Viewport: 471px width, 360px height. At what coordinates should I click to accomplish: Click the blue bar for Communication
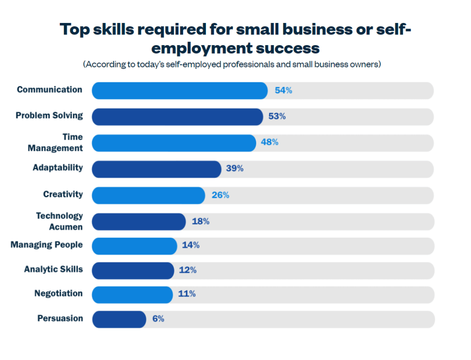tap(179, 91)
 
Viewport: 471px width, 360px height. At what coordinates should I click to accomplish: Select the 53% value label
tap(277, 116)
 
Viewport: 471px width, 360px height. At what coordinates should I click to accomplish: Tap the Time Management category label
tap(55, 143)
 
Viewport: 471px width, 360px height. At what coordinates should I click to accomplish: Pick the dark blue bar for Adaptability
tap(156, 169)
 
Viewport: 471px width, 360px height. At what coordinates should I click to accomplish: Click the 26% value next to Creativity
tap(220, 195)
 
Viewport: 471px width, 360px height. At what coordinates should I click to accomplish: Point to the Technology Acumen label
tap(59, 221)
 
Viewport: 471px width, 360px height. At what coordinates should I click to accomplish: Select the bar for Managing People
tap(134, 246)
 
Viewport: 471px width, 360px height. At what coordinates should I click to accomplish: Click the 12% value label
tap(188, 270)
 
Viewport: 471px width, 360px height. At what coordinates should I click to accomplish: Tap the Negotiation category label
tap(58, 293)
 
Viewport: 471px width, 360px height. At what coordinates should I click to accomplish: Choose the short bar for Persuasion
tap(119, 319)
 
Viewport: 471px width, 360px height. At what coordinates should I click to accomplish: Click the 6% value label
tap(158, 319)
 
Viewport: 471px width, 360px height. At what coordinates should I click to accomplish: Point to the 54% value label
tap(283, 91)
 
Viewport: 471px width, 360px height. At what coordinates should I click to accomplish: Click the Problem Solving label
tap(49, 115)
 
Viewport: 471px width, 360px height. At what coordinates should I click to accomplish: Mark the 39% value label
tap(235, 169)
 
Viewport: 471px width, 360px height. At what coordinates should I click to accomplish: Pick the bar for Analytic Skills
tap(133, 270)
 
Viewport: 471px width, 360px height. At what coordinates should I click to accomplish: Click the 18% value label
tap(201, 222)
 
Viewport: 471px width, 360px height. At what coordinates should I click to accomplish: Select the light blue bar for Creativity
tap(148, 195)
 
